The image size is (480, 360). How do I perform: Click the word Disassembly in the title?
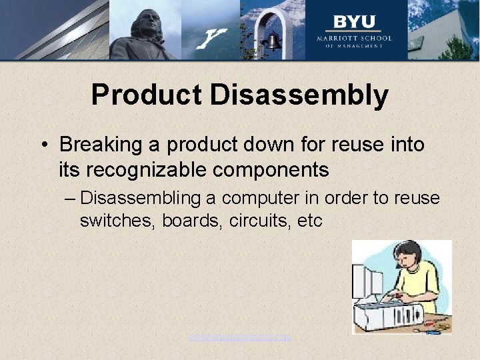point(299,95)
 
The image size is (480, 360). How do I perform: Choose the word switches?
point(117,221)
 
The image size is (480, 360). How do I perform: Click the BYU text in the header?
point(354,22)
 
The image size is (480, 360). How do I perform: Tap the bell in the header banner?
point(273,42)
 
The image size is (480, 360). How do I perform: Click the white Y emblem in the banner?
point(213,37)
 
